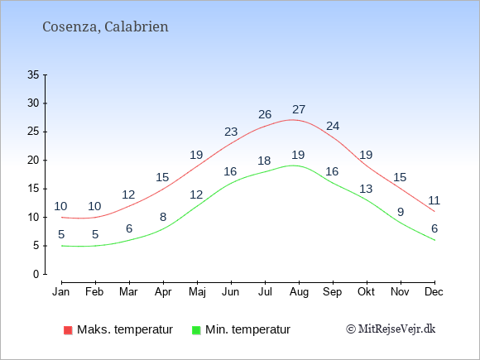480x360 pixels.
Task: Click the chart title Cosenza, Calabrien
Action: point(105,27)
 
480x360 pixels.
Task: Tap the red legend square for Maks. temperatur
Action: point(68,330)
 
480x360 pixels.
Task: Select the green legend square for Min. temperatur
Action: point(196,330)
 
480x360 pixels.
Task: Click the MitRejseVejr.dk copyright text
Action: point(391,329)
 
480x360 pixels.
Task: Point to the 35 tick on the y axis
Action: point(33,74)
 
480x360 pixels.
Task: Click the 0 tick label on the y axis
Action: point(36,274)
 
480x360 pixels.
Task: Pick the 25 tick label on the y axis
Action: point(33,132)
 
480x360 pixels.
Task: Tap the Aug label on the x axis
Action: point(299,292)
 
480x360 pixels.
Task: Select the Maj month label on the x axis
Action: point(197,292)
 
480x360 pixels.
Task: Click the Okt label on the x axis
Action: point(366,292)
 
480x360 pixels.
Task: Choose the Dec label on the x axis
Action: point(434,292)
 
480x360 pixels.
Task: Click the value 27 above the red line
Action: point(299,109)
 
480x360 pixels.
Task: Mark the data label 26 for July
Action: point(265,114)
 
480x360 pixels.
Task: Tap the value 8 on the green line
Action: point(163,217)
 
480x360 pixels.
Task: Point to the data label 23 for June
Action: point(231,132)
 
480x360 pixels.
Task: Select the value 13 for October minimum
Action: point(366,189)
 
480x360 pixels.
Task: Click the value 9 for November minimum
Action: point(401,212)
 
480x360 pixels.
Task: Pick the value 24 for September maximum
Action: point(333,126)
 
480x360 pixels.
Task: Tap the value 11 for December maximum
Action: point(434,200)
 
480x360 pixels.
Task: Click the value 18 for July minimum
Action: point(264,161)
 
